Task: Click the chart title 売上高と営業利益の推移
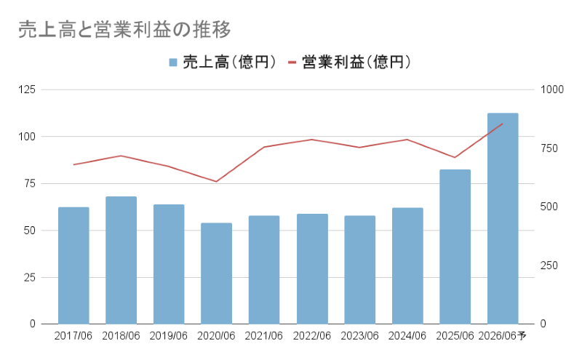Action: [x=124, y=29]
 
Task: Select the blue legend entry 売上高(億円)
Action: [x=222, y=63]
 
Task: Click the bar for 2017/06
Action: [x=73, y=265]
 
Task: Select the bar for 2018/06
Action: [x=121, y=260]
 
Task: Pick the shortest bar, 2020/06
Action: [x=216, y=273]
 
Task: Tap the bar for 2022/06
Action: [x=312, y=269]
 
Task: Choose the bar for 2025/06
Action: [x=455, y=247]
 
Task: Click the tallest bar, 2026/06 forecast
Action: [x=503, y=218]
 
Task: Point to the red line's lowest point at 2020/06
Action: [x=216, y=181]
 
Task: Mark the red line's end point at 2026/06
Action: [x=503, y=124]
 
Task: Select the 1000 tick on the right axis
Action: [x=552, y=89]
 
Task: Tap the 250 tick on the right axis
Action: [x=549, y=265]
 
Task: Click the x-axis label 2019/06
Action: [x=169, y=336]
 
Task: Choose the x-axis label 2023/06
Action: [x=359, y=336]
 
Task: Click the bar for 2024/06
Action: [x=407, y=266]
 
